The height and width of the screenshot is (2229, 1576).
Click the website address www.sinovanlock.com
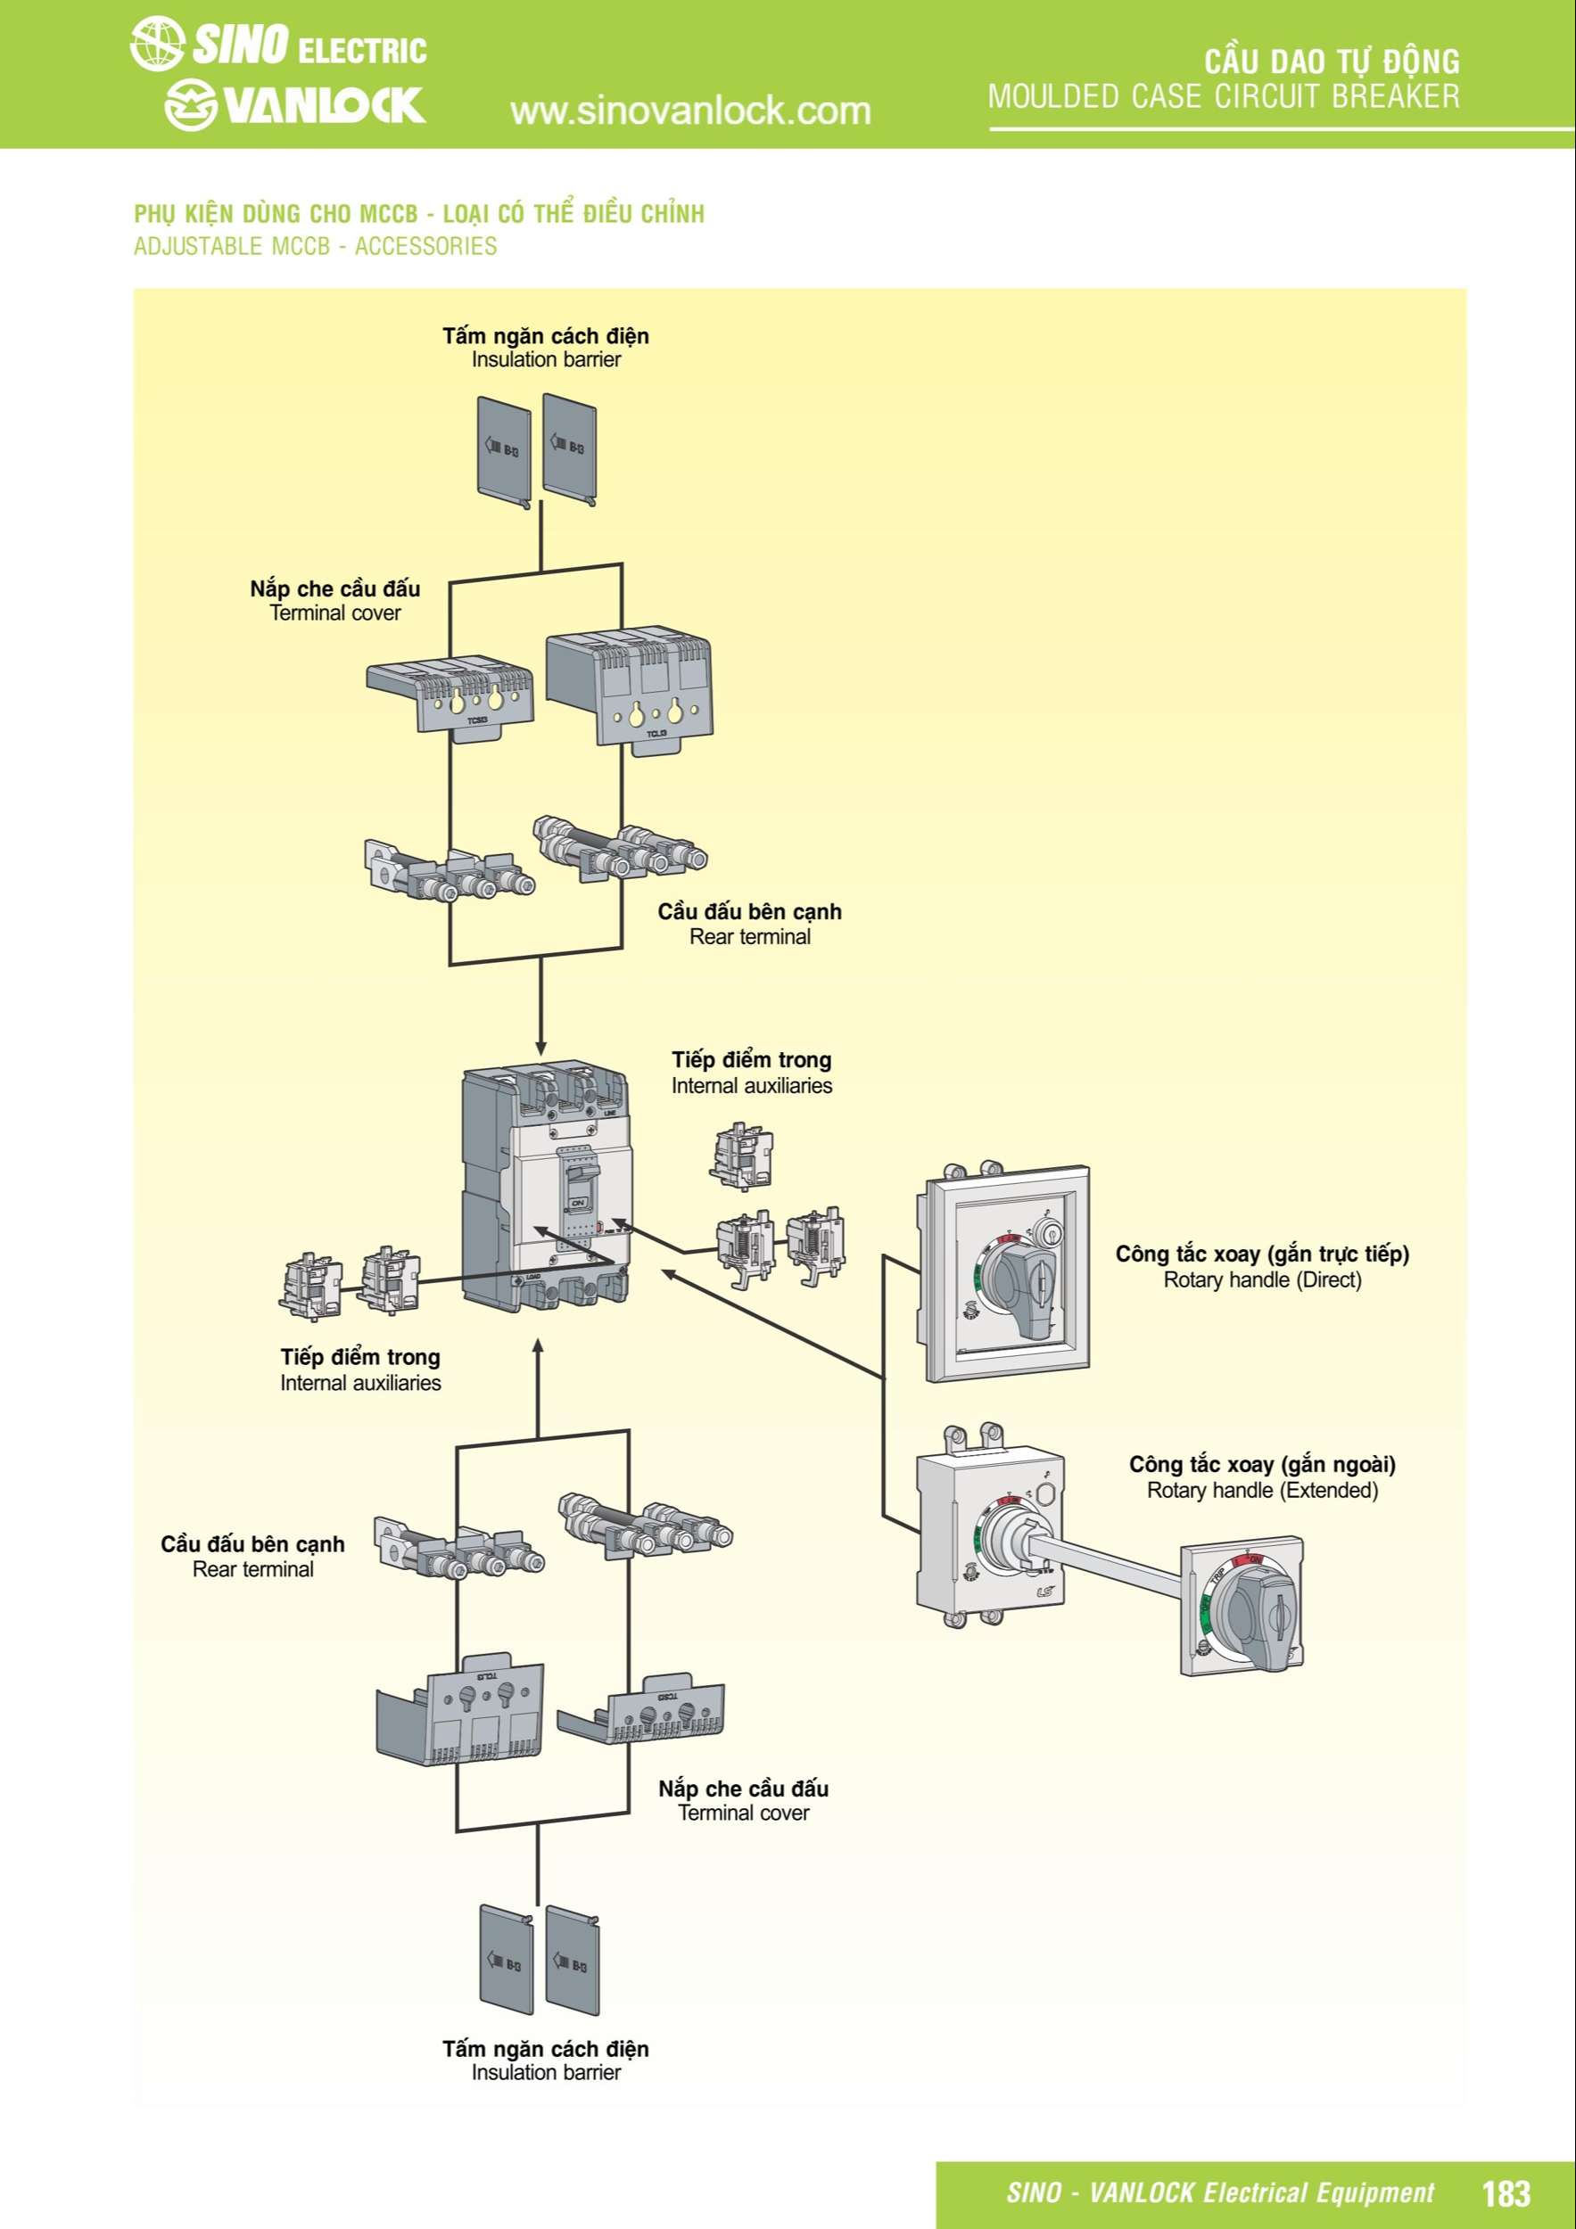coord(689,111)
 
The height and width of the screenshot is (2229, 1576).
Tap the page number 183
coord(1506,2193)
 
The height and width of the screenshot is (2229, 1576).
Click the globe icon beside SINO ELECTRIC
coord(156,44)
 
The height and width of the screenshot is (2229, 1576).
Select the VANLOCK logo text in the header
coord(324,105)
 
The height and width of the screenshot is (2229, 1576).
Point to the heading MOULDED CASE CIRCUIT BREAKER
coord(1224,96)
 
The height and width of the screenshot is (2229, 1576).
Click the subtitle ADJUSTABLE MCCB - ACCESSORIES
coord(316,247)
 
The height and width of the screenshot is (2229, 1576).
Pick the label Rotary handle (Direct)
coord(1262,1279)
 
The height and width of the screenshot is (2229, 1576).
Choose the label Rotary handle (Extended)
coord(1262,1490)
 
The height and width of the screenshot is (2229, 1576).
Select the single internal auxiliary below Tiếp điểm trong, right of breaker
coord(742,1156)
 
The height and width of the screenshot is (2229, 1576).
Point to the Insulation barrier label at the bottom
coord(546,2073)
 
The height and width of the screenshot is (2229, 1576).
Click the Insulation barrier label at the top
coord(546,359)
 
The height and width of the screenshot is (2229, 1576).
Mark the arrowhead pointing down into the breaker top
coord(540,1049)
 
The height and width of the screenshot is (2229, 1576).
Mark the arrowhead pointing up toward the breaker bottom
coord(538,1346)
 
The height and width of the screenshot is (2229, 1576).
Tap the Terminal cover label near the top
coord(335,613)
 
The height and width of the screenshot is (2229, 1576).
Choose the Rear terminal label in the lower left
coord(252,1569)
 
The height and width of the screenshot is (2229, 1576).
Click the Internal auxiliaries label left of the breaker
coord(360,1383)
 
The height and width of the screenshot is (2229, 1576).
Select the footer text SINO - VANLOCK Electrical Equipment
coord(1219,2193)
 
